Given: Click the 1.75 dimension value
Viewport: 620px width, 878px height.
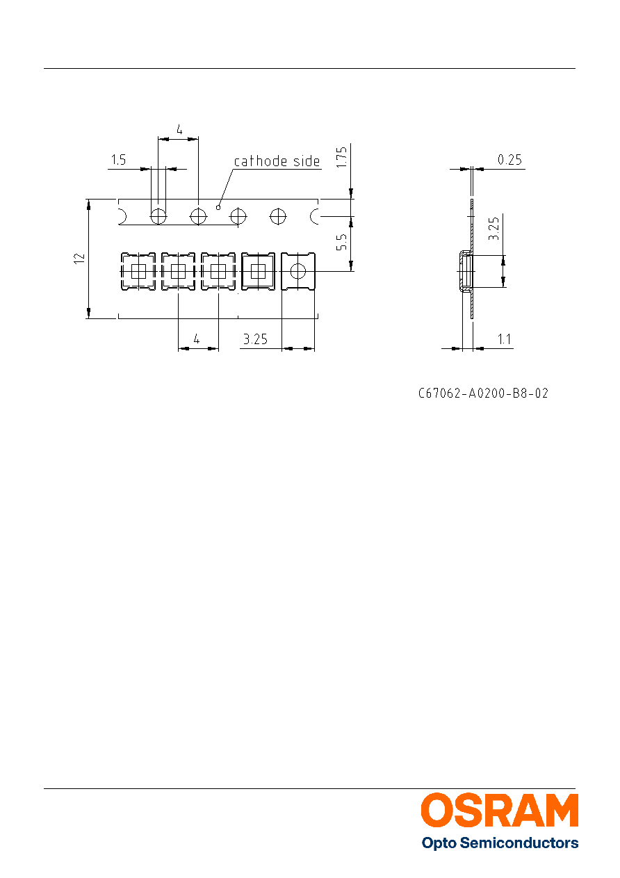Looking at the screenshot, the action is [342, 157].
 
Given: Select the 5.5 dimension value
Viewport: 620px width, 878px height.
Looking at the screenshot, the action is [342, 242].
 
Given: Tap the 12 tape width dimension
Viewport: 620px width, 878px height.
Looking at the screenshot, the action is [79, 259].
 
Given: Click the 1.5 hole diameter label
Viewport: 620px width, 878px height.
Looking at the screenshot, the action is [118, 160].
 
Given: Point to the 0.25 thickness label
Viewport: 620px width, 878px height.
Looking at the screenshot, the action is [509, 160].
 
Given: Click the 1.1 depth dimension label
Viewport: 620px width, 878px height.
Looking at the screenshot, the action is [505, 339].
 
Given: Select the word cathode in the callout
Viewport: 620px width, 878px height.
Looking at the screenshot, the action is [261, 161].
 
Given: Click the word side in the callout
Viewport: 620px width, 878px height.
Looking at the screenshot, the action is [307, 161].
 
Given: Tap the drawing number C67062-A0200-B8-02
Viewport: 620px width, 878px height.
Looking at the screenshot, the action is [483, 393].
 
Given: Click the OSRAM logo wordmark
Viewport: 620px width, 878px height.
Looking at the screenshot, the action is [500, 811].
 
